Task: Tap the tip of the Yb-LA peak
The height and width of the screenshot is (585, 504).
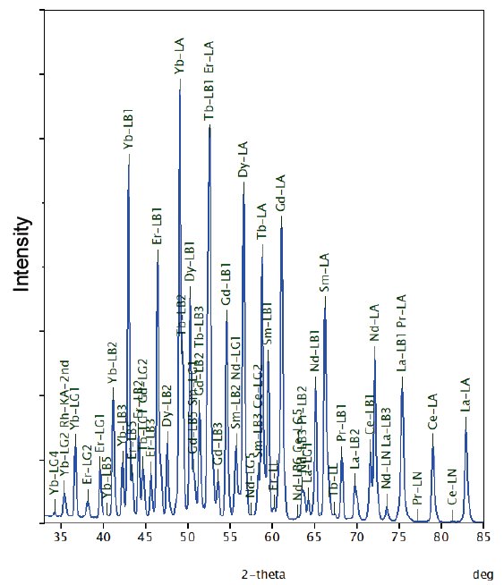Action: coord(180,81)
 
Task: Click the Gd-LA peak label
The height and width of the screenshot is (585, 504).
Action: coord(281,193)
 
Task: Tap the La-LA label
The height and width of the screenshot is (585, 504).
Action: coord(465,394)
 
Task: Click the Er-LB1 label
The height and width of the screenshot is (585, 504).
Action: coord(158,229)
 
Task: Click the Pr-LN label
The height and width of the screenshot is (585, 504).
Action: coord(417,490)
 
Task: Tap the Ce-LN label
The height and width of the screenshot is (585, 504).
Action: coord(451,486)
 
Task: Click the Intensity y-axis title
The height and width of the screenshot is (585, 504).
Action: coord(22,255)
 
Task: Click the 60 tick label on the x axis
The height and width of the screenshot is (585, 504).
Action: coord(272,537)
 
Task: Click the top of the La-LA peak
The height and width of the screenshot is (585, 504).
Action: coord(466,431)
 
